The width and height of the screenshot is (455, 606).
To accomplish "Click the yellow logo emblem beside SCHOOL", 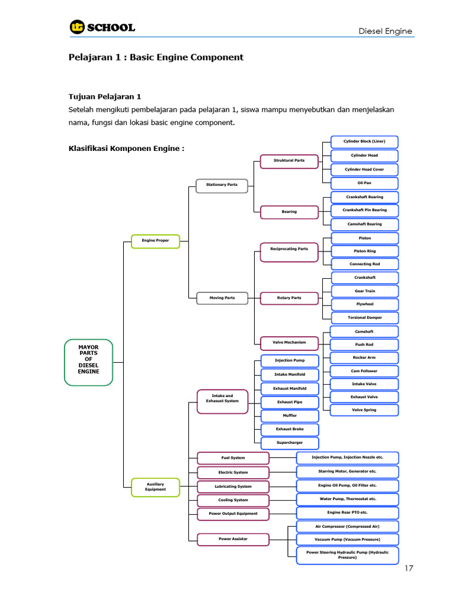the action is pos(77,27).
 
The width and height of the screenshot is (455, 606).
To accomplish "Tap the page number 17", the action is pos(409,568).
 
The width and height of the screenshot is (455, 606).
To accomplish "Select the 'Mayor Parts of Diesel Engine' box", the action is pos(89,363).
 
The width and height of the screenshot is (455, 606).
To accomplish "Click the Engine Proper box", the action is pos(156,241).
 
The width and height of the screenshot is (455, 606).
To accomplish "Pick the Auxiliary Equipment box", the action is pos(156,487).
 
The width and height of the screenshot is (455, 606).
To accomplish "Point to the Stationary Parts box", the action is pos(222,185).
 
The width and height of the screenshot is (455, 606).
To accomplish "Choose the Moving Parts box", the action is pos(222,298).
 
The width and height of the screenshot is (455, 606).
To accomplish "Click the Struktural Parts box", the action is pos(289,161).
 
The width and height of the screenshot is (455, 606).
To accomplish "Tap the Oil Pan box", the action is pos(364,183).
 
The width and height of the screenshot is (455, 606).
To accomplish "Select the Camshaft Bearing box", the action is pos(364,224).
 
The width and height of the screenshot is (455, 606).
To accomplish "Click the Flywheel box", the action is pos(365,304).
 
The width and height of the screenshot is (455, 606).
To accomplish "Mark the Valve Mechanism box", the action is pos(289,343).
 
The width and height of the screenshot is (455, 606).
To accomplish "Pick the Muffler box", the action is pos(290,416).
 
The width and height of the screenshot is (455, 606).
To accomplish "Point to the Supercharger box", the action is pos(290,443).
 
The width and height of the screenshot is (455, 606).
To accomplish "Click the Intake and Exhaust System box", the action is pos(223,402).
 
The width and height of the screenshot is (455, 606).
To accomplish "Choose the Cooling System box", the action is pos(233,501).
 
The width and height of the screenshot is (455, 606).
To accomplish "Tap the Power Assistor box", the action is pos(233,540).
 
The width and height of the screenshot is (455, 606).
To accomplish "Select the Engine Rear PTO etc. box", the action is pos(347,513).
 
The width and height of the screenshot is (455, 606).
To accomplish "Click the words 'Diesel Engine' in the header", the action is pos(385,31).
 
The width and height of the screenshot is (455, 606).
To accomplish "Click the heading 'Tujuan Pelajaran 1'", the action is pos(105,96).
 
